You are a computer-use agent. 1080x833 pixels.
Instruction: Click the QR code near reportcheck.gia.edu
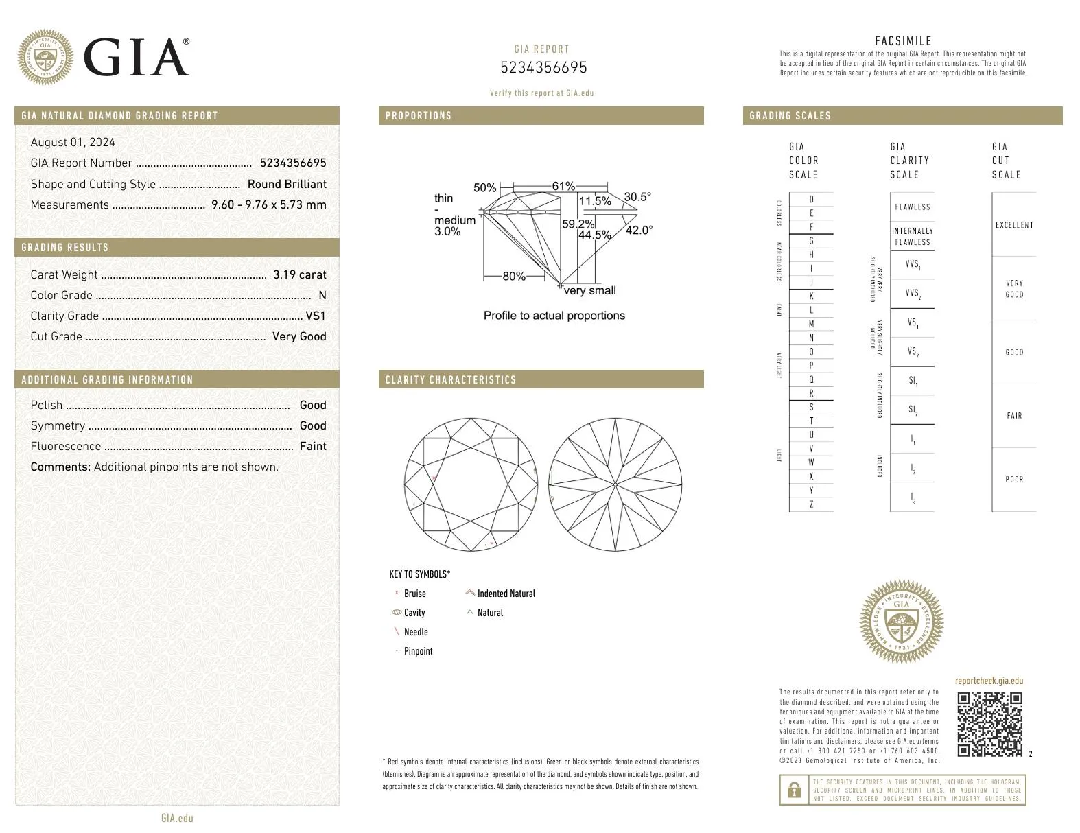tap(989, 724)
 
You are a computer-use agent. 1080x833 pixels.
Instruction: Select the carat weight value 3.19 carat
tap(299, 274)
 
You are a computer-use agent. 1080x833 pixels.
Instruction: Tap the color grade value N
tap(322, 295)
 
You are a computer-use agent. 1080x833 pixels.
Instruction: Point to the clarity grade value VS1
tap(316, 316)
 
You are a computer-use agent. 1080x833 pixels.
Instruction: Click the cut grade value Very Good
tap(299, 336)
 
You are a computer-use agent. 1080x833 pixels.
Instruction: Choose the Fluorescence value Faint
tap(313, 446)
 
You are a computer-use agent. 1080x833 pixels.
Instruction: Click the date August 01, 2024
tap(73, 142)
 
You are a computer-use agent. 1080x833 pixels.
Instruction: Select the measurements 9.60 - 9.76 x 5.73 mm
tap(269, 204)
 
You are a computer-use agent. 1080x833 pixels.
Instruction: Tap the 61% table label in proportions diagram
tap(563, 186)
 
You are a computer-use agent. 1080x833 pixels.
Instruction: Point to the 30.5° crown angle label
tap(637, 197)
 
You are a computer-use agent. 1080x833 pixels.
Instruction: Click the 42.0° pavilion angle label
tap(639, 231)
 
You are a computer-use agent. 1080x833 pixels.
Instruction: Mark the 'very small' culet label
tap(589, 290)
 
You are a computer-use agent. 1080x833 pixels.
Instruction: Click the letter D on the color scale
tap(811, 200)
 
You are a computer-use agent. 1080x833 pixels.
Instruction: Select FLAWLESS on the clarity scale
tap(912, 207)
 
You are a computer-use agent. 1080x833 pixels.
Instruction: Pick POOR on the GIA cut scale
tap(1014, 480)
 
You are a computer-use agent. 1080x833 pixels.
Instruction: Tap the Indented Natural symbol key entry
tap(506, 594)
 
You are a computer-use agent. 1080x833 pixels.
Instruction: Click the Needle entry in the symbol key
tap(415, 632)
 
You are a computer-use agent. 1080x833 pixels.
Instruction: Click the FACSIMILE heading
tap(903, 40)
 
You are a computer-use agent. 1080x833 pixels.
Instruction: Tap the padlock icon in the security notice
tap(794, 790)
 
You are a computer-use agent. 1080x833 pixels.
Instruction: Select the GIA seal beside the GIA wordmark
tap(45, 57)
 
